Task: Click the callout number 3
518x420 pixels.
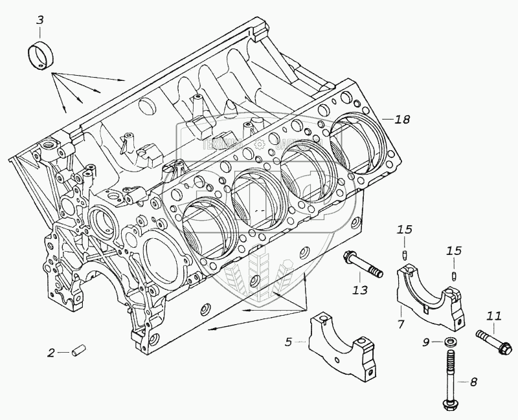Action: coord(40,20)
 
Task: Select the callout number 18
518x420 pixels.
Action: coord(403,119)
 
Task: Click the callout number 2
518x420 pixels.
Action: coord(51,353)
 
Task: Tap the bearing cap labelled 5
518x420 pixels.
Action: coord(342,345)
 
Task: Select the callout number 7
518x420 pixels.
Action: coord(401,322)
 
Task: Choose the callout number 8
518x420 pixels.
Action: coord(473,382)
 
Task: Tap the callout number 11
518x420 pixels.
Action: coord(494,316)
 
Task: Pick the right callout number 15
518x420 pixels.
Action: coord(454,250)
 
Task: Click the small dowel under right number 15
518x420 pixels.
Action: coord(454,278)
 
